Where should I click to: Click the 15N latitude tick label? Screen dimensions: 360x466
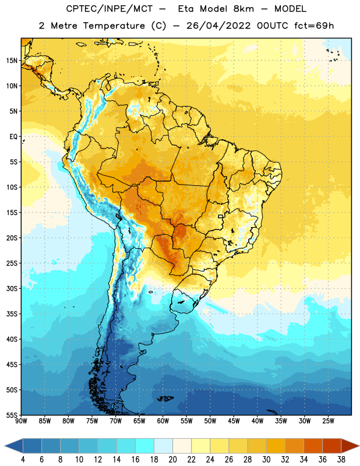(12, 61)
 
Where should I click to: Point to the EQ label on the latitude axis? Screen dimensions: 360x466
(13, 137)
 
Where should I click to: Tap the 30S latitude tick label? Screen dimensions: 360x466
(12, 288)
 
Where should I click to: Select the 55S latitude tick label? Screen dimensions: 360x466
(12, 415)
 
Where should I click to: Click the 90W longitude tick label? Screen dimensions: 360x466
(21, 421)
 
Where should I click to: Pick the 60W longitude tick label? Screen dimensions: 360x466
(163, 421)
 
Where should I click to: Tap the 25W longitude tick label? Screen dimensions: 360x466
(328, 421)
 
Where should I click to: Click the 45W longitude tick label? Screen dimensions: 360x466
(234, 421)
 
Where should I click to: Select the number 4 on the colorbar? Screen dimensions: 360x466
(23, 460)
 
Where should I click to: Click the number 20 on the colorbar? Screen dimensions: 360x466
(172, 460)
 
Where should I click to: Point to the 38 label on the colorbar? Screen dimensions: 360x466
(341, 460)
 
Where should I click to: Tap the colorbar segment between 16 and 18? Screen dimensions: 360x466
(144, 446)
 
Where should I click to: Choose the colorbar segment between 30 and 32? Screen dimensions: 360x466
(276, 446)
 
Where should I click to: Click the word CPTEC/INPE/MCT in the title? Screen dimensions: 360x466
(109, 9)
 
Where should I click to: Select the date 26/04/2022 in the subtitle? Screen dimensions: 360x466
(218, 26)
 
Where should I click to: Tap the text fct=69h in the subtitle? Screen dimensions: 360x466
(314, 26)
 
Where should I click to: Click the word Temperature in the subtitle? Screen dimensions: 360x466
(114, 26)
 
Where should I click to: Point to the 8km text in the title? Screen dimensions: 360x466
(243, 9)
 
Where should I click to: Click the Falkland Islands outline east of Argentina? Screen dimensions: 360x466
(165, 398)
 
